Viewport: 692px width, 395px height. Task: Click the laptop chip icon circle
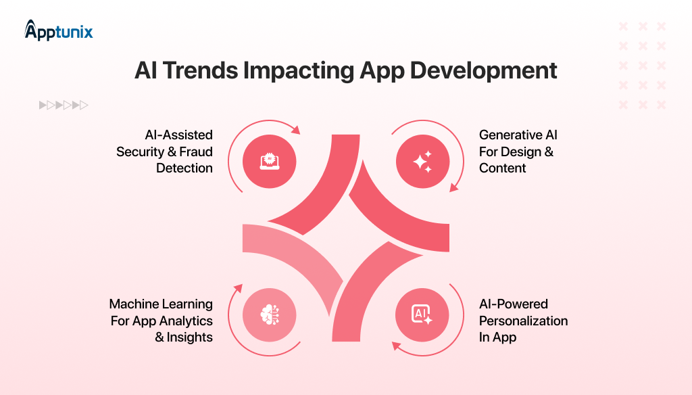270,161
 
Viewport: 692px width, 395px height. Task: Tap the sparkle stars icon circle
422,161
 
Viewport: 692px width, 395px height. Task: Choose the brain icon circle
270,313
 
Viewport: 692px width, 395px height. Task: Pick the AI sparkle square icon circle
422,313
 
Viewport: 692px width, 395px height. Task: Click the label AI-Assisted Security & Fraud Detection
164,152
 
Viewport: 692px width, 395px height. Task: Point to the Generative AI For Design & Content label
518,152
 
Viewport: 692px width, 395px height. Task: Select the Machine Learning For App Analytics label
161,321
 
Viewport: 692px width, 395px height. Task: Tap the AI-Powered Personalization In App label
523,321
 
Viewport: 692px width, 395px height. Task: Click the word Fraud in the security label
196,152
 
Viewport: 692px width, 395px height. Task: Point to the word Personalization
523,321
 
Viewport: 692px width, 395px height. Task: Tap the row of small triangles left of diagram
64,105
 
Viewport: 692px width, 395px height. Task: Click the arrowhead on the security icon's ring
295,129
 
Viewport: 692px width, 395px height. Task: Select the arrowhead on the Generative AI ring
453,187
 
